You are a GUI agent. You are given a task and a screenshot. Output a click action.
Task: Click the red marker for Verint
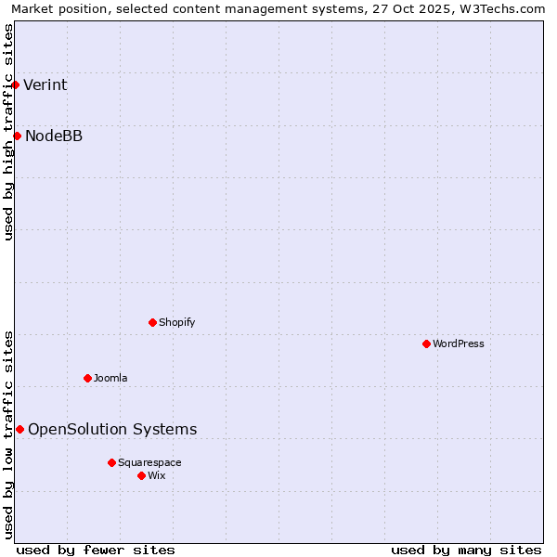[15, 85]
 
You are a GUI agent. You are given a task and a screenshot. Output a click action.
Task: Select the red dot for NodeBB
[17, 136]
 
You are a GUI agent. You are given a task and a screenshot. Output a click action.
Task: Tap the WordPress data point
[426, 344]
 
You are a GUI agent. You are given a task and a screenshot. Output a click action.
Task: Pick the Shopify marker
[152, 323]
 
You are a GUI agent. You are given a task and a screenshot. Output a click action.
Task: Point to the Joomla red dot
[87, 379]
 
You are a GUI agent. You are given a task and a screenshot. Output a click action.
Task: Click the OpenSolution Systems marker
[19, 430]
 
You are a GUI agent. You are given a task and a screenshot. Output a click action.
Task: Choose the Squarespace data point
[111, 462]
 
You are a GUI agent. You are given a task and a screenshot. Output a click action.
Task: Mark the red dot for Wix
[141, 476]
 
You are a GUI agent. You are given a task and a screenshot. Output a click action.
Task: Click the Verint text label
[45, 85]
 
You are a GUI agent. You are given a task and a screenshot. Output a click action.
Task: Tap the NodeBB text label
[54, 136]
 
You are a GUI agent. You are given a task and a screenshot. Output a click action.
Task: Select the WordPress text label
[459, 344]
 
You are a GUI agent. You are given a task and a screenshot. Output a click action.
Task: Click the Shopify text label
[177, 323]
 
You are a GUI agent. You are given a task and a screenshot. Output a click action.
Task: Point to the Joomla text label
[110, 379]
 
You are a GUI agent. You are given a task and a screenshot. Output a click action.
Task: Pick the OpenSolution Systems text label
[112, 430]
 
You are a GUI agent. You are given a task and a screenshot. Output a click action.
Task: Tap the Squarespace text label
[149, 463]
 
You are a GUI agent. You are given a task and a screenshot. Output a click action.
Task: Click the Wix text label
[157, 476]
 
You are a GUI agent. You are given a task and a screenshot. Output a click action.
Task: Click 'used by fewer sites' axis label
[96, 550]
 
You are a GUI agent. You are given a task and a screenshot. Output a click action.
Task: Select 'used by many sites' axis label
[466, 550]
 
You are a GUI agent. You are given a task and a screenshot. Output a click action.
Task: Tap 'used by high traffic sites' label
[9, 132]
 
